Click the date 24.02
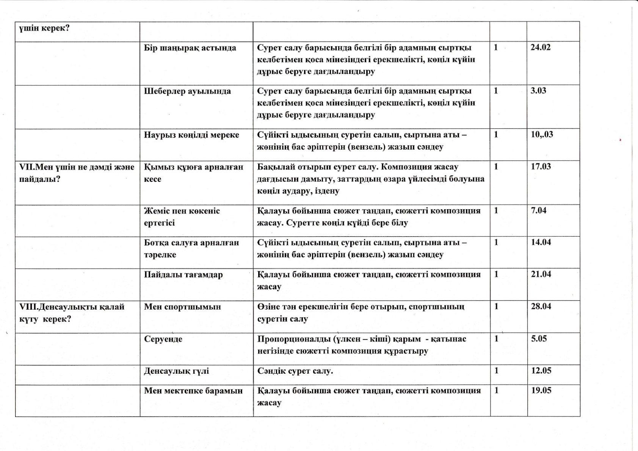tap(541, 47)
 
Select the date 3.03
tap(538, 91)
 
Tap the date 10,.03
tap(542, 135)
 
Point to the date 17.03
tap(541, 166)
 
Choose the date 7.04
tap(539, 210)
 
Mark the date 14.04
tap(541, 242)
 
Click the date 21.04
tap(541, 274)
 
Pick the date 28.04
tap(541, 306)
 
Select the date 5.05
tap(539, 338)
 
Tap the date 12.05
tap(541, 370)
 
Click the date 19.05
tap(541, 390)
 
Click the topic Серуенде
tap(163, 339)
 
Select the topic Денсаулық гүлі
tap(176, 371)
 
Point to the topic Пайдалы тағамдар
tap(183, 275)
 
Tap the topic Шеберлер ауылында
tap(187, 91)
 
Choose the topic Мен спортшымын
tap(182, 307)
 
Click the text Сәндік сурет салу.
tap(295, 371)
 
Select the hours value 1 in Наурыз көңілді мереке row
tap(496, 135)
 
